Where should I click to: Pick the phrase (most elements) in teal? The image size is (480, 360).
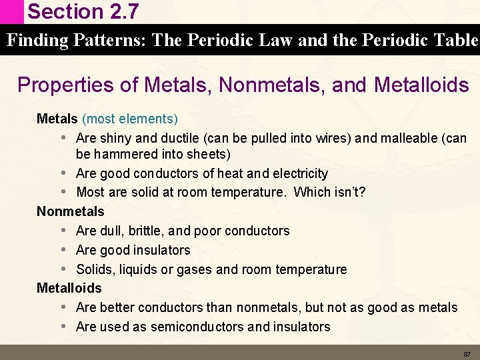[x=130, y=119]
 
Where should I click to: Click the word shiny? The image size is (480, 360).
[x=115, y=139]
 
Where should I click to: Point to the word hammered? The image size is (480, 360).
[x=123, y=154]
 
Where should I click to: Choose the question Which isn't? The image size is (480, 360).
[x=329, y=193]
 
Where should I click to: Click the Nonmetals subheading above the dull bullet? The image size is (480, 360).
[x=71, y=211]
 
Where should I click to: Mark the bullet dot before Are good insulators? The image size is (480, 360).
[x=63, y=250]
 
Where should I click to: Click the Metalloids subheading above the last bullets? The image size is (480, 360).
[x=69, y=288]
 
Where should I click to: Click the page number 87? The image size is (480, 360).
[x=467, y=353]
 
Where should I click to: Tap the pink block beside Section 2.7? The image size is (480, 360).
[x=11, y=11]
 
